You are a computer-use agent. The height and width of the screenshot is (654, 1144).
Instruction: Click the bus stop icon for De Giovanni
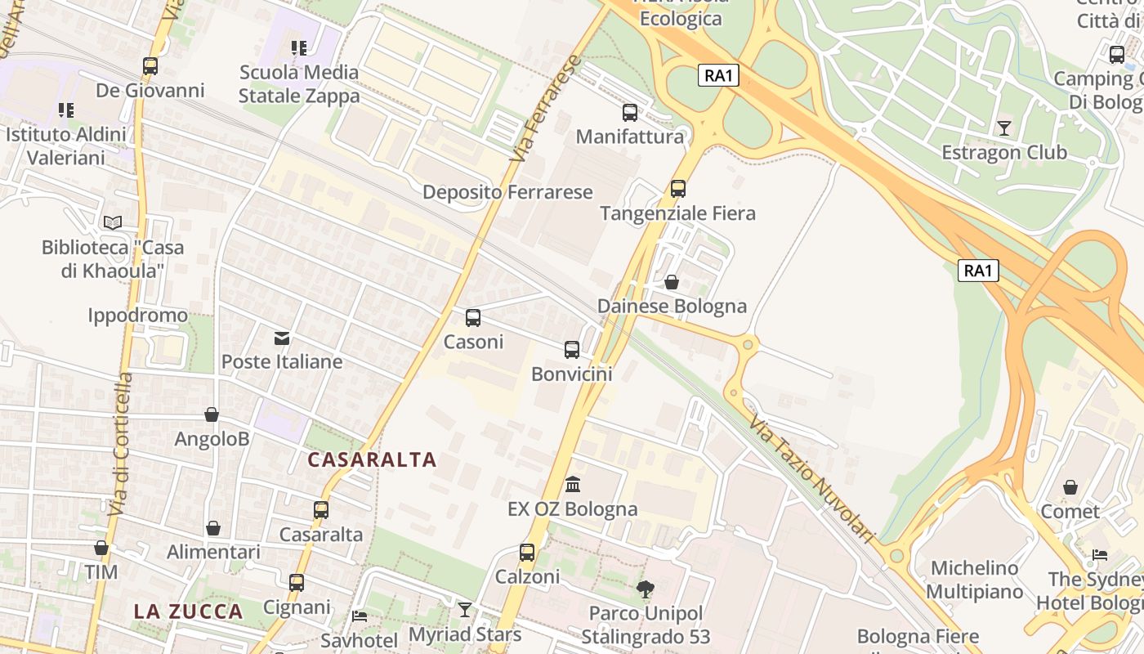coord(150,66)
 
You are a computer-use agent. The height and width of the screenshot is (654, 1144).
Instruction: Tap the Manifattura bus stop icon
coord(629,113)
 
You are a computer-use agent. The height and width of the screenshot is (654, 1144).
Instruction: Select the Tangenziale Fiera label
coord(677,213)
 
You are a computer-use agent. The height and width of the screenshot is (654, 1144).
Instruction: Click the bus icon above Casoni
coord(473,318)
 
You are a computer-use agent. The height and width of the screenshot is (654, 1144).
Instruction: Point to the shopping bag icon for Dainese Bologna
coord(672,282)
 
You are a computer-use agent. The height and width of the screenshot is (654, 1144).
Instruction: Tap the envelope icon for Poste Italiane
coord(282,338)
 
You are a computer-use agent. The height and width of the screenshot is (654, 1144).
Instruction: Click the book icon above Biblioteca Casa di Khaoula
coord(113,222)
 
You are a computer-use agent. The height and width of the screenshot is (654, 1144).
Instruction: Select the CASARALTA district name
coord(372,459)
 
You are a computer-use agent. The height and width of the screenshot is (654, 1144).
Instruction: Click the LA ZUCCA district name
coord(189,611)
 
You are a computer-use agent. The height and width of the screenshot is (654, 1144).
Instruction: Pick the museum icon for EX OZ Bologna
coord(573,485)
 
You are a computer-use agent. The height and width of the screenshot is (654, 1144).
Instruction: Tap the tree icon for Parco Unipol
coord(646,589)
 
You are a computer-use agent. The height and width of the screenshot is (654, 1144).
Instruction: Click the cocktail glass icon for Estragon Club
coord(1004,128)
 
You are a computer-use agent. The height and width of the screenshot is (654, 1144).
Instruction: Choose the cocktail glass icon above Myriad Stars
coord(465,610)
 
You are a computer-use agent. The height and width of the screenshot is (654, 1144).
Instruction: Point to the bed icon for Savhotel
coord(360,616)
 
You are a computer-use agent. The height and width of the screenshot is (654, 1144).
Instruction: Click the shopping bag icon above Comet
coord(1070,488)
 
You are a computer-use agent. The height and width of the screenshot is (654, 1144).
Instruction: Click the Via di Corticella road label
coord(120,444)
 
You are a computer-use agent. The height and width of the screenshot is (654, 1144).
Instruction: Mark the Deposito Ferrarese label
coord(507,192)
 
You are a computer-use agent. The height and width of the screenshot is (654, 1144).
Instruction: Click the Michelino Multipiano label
coord(975,580)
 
